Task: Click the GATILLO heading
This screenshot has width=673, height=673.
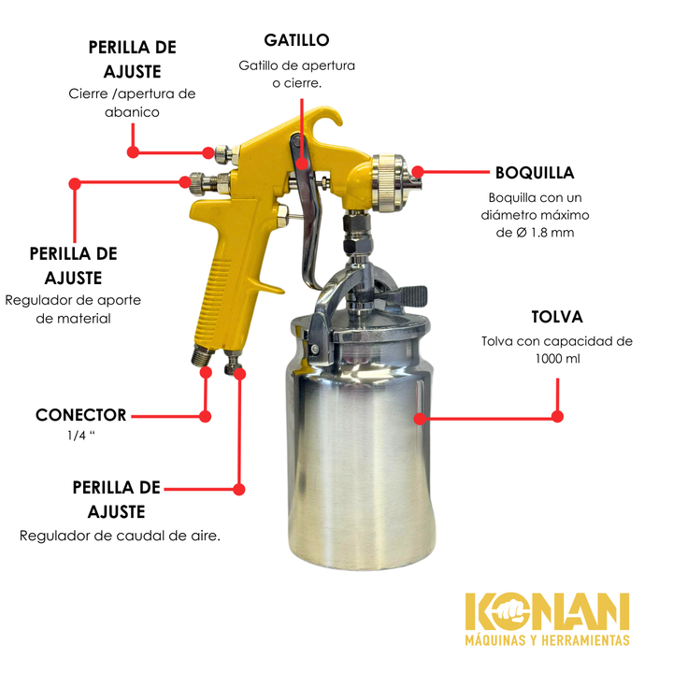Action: [x=296, y=40]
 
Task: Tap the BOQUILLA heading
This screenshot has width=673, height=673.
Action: [x=535, y=173]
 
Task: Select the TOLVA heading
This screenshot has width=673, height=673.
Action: [x=557, y=317]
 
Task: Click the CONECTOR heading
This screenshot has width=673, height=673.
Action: [x=81, y=415]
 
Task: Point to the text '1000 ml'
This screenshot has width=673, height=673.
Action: [x=557, y=359]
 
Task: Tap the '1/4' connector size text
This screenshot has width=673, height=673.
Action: [x=77, y=436]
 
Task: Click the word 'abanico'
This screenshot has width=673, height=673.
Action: [x=132, y=112]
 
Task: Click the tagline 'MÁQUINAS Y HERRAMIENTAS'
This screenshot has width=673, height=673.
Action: [x=547, y=640]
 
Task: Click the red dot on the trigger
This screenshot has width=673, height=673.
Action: [x=302, y=163]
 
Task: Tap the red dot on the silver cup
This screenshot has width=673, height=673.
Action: [x=421, y=419]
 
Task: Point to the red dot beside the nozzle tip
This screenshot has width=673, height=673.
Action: [x=417, y=172]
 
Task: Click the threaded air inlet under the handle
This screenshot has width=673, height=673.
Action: [x=203, y=355]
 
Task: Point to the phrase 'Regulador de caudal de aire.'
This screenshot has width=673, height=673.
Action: [x=120, y=537]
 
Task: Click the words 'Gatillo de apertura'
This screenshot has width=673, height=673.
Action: [x=297, y=65]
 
